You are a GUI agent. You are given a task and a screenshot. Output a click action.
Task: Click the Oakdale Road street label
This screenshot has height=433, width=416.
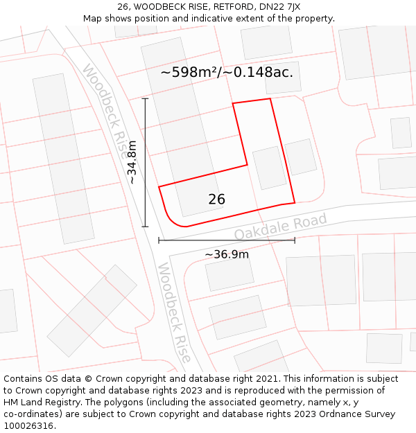pyautogui.click(x=280, y=227)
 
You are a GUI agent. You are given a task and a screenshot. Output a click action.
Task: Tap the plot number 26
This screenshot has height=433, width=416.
pyautogui.click(x=216, y=200)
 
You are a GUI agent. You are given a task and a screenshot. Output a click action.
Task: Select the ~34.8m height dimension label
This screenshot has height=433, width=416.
pyautogui.click(x=132, y=163)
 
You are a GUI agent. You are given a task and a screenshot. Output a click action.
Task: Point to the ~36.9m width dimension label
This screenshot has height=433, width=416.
pyautogui.click(x=227, y=254)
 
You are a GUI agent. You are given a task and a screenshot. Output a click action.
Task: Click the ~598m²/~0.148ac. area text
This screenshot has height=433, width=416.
pyautogui.click(x=227, y=72)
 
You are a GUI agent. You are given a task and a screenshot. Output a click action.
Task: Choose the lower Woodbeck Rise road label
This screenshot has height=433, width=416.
pyautogui.click(x=173, y=312)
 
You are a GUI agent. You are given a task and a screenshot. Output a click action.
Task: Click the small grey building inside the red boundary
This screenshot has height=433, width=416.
pyautogui.click(x=270, y=167)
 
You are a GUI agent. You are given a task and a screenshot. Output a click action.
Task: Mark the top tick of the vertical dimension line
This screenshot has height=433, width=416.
pyautogui.click(x=145, y=99)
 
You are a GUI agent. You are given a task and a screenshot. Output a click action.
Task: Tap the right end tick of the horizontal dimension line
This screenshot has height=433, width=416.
pyautogui.click(x=295, y=240)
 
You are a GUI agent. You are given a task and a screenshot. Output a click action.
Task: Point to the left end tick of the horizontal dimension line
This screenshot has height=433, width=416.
pyautogui.click(x=159, y=240)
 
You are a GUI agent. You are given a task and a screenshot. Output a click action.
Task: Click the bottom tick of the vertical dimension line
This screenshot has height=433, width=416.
pyautogui.click(x=145, y=227)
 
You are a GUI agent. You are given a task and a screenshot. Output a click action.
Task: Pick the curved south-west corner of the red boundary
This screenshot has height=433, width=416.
pyautogui.click(x=167, y=214)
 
